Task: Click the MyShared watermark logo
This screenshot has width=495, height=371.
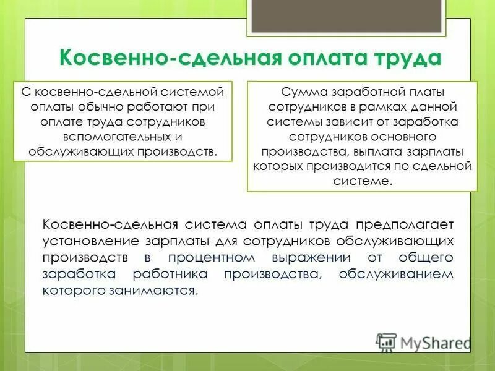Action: [424, 342]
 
